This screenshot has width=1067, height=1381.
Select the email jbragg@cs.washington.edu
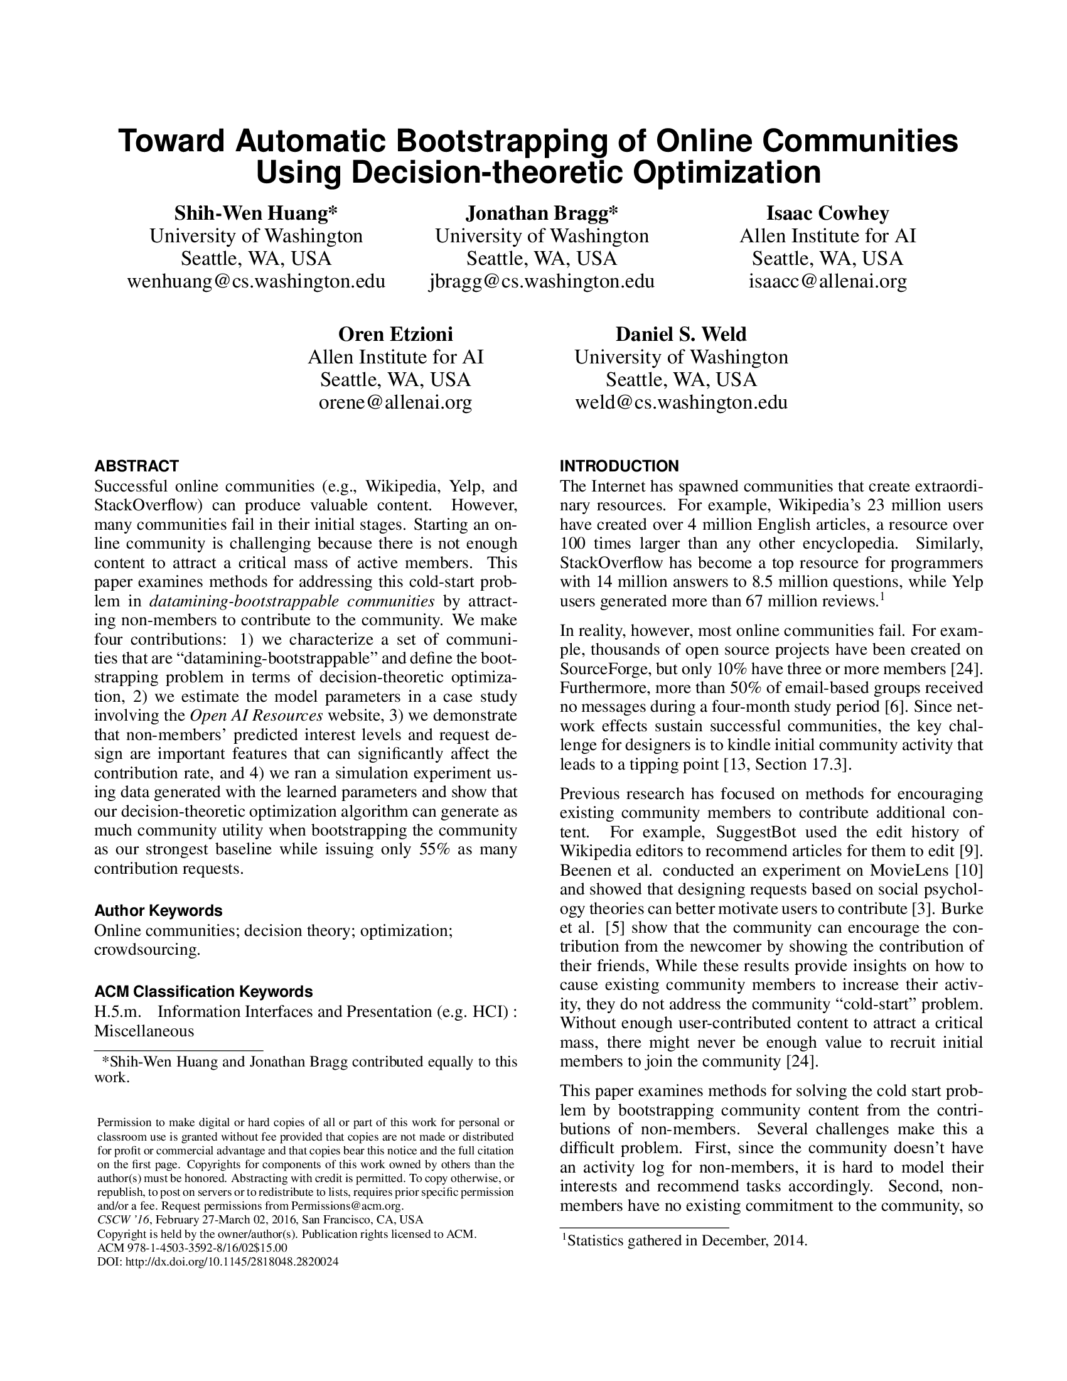[542, 281]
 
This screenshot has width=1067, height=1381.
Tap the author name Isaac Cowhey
[827, 213]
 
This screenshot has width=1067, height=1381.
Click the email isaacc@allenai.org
[827, 281]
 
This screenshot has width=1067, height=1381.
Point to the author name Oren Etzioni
[395, 334]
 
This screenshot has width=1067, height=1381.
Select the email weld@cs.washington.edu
[681, 402]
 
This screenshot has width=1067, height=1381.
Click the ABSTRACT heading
[137, 466]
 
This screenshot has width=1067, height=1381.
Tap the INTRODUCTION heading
[619, 466]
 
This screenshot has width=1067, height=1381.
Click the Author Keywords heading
[158, 911]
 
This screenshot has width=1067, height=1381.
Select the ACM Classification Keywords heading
[203, 991]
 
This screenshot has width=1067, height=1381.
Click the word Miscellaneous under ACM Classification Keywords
[144, 1031]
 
